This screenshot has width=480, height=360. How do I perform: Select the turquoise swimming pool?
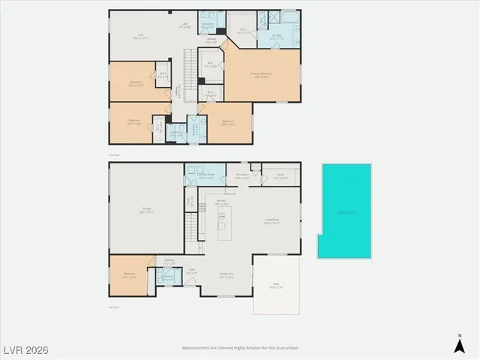coord(346,211)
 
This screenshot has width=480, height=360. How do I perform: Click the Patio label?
coord(275,286)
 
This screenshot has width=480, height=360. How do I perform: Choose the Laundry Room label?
coord(206,177)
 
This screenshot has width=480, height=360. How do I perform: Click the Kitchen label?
coord(222,202)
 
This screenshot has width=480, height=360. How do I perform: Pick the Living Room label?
coord(271,222)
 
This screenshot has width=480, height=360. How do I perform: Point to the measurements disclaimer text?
coord(240,348)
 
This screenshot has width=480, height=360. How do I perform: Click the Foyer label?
coord(193,271)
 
